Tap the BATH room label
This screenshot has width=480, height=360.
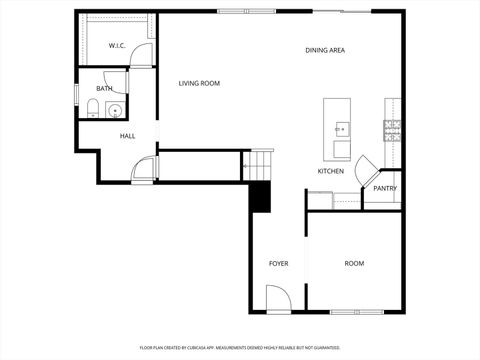click(x=104, y=89)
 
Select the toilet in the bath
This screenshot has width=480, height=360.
click(x=92, y=111)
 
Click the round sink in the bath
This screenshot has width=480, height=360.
click(x=114, y=110)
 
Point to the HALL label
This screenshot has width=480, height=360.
click(x=128, y=136)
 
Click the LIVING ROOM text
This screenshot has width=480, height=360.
click(x=199, y=84)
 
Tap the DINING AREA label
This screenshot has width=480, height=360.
click(x=325, y=50)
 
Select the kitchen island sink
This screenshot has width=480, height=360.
click(x=342, y=128)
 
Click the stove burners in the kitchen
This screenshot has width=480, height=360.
click(x=392, y=127)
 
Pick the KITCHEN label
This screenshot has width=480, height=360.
click(x=331, y=171)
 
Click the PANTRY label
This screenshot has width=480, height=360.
click(x=385, y=188)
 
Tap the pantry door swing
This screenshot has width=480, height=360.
click(x=368, y=166)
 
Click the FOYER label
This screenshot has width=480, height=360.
click(x=279, y=264)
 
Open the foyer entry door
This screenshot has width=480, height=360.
click(x=279, y=299)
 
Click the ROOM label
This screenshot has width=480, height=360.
click(x=354, y=264)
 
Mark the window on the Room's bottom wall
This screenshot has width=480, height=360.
click(x=357, y=312)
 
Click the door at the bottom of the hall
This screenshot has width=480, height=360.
click(x=146, y=170)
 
